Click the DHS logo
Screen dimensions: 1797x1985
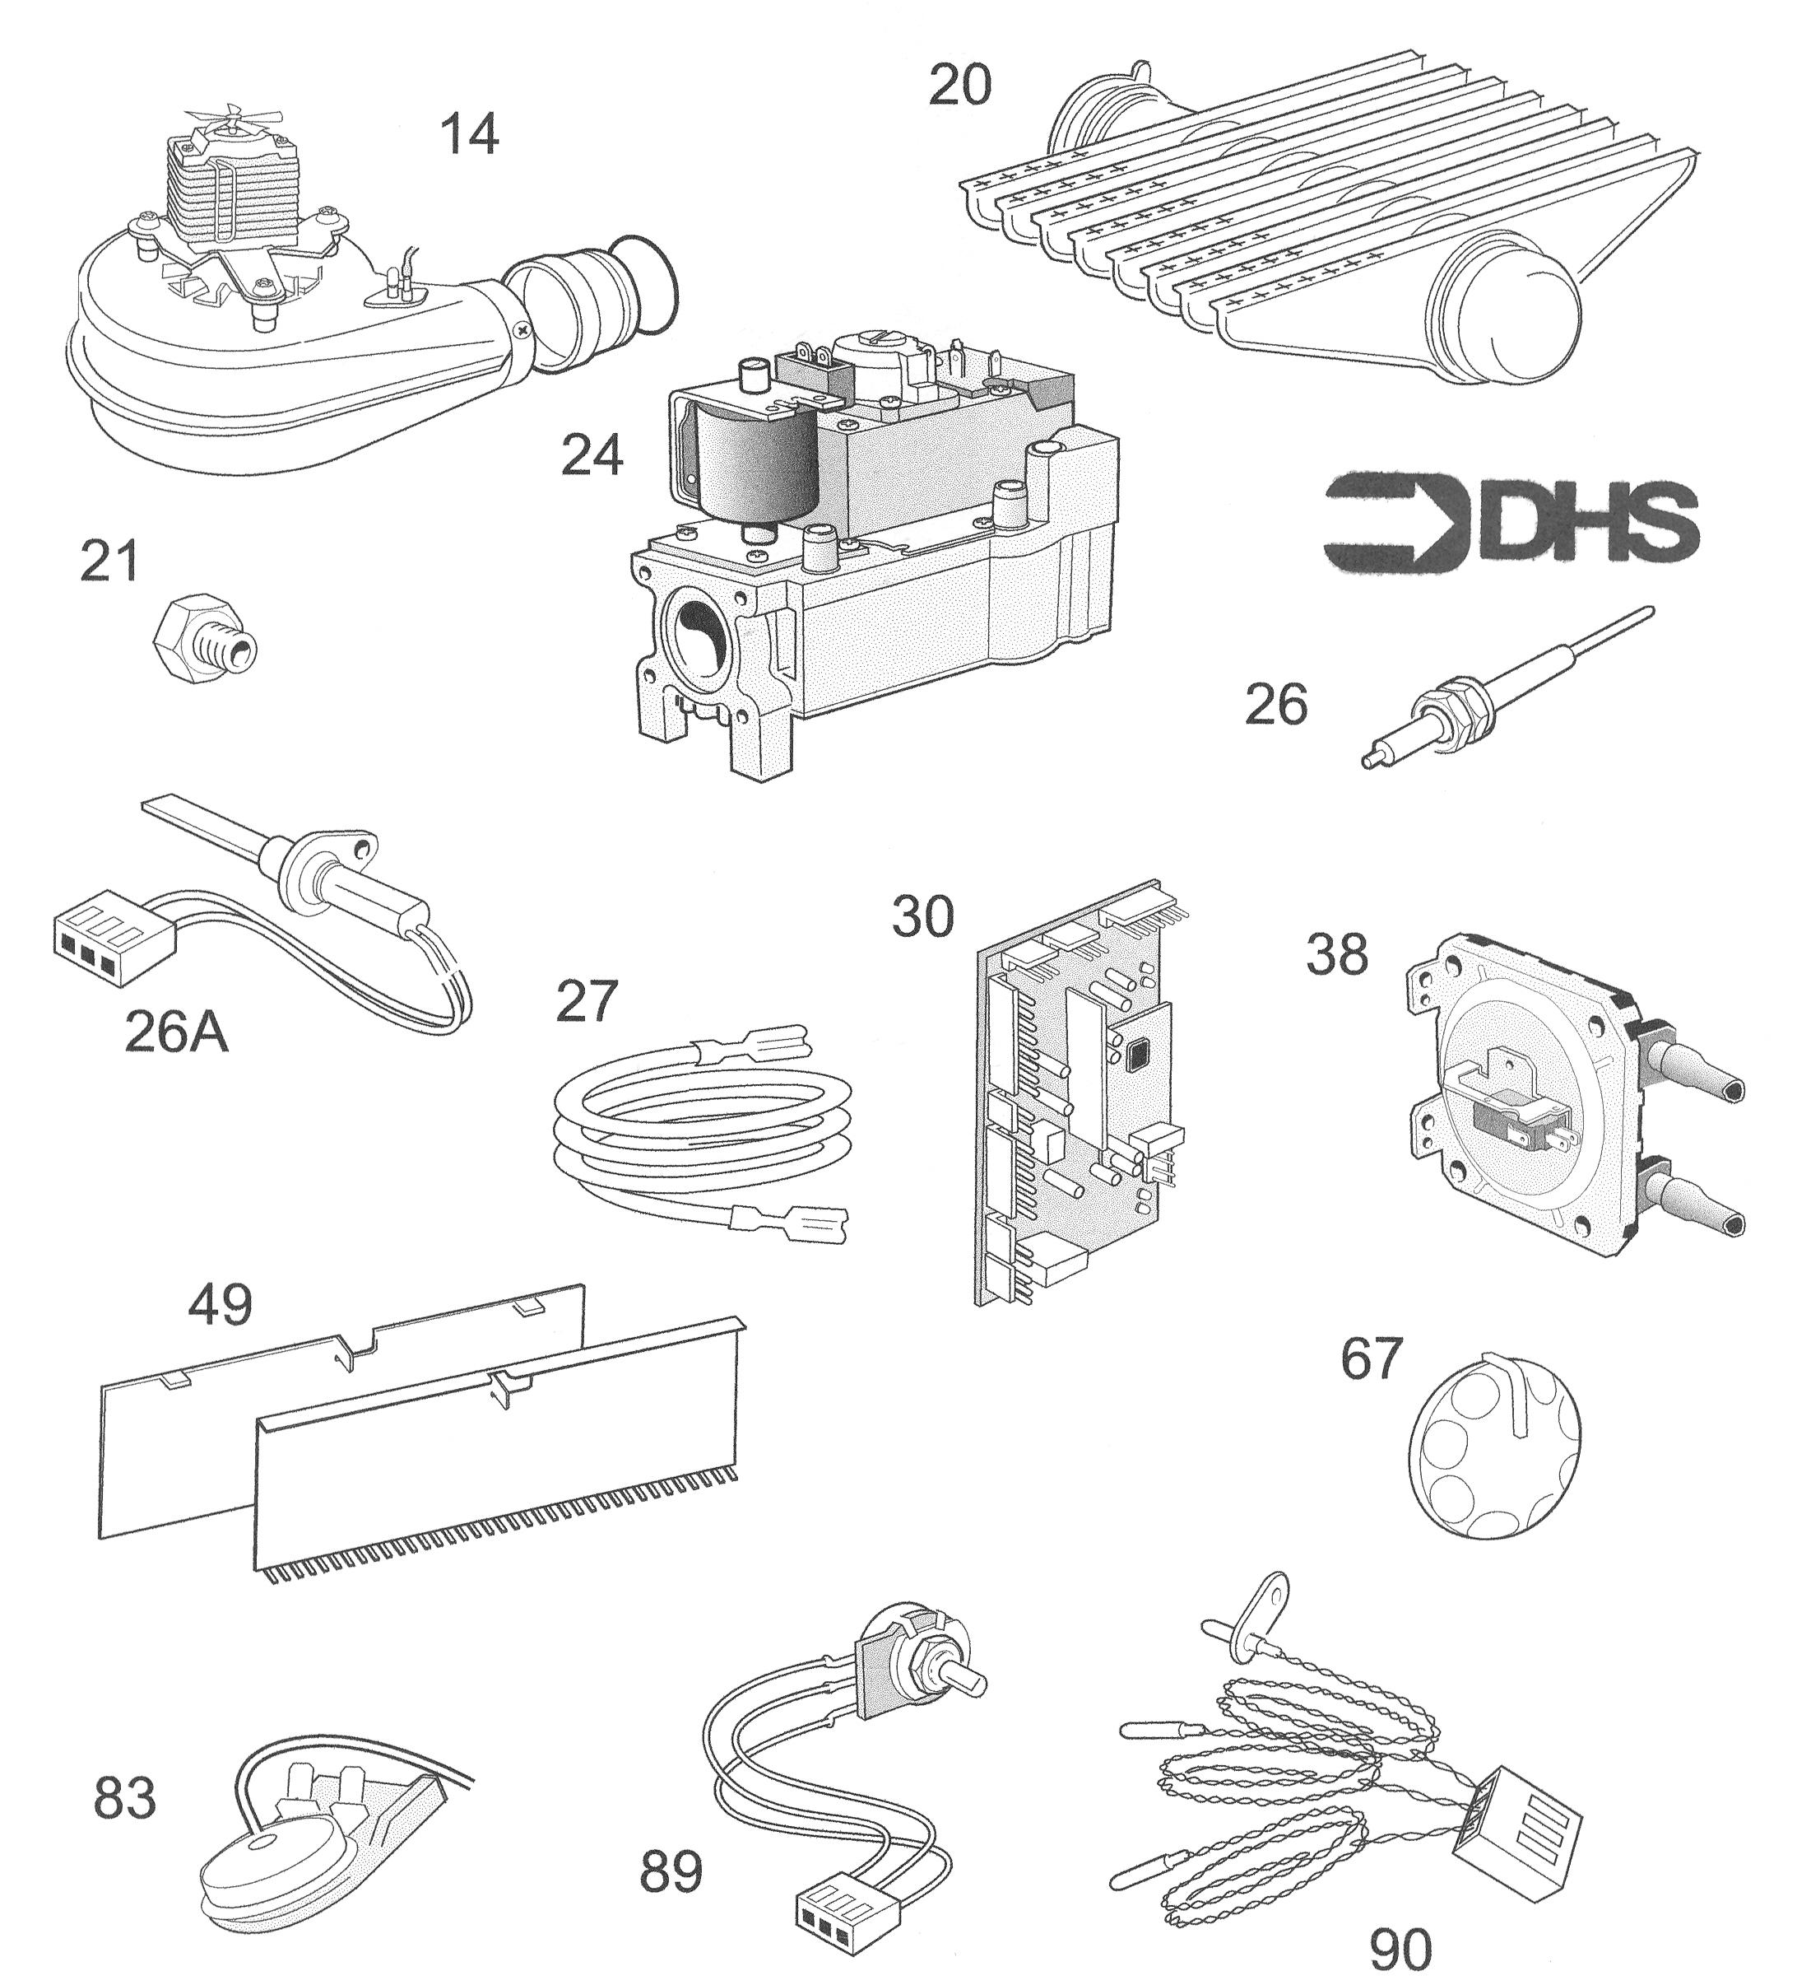pos(1511,524)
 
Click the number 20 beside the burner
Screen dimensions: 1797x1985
pos(960,85)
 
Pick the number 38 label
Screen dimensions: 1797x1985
pos(1336,954)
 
